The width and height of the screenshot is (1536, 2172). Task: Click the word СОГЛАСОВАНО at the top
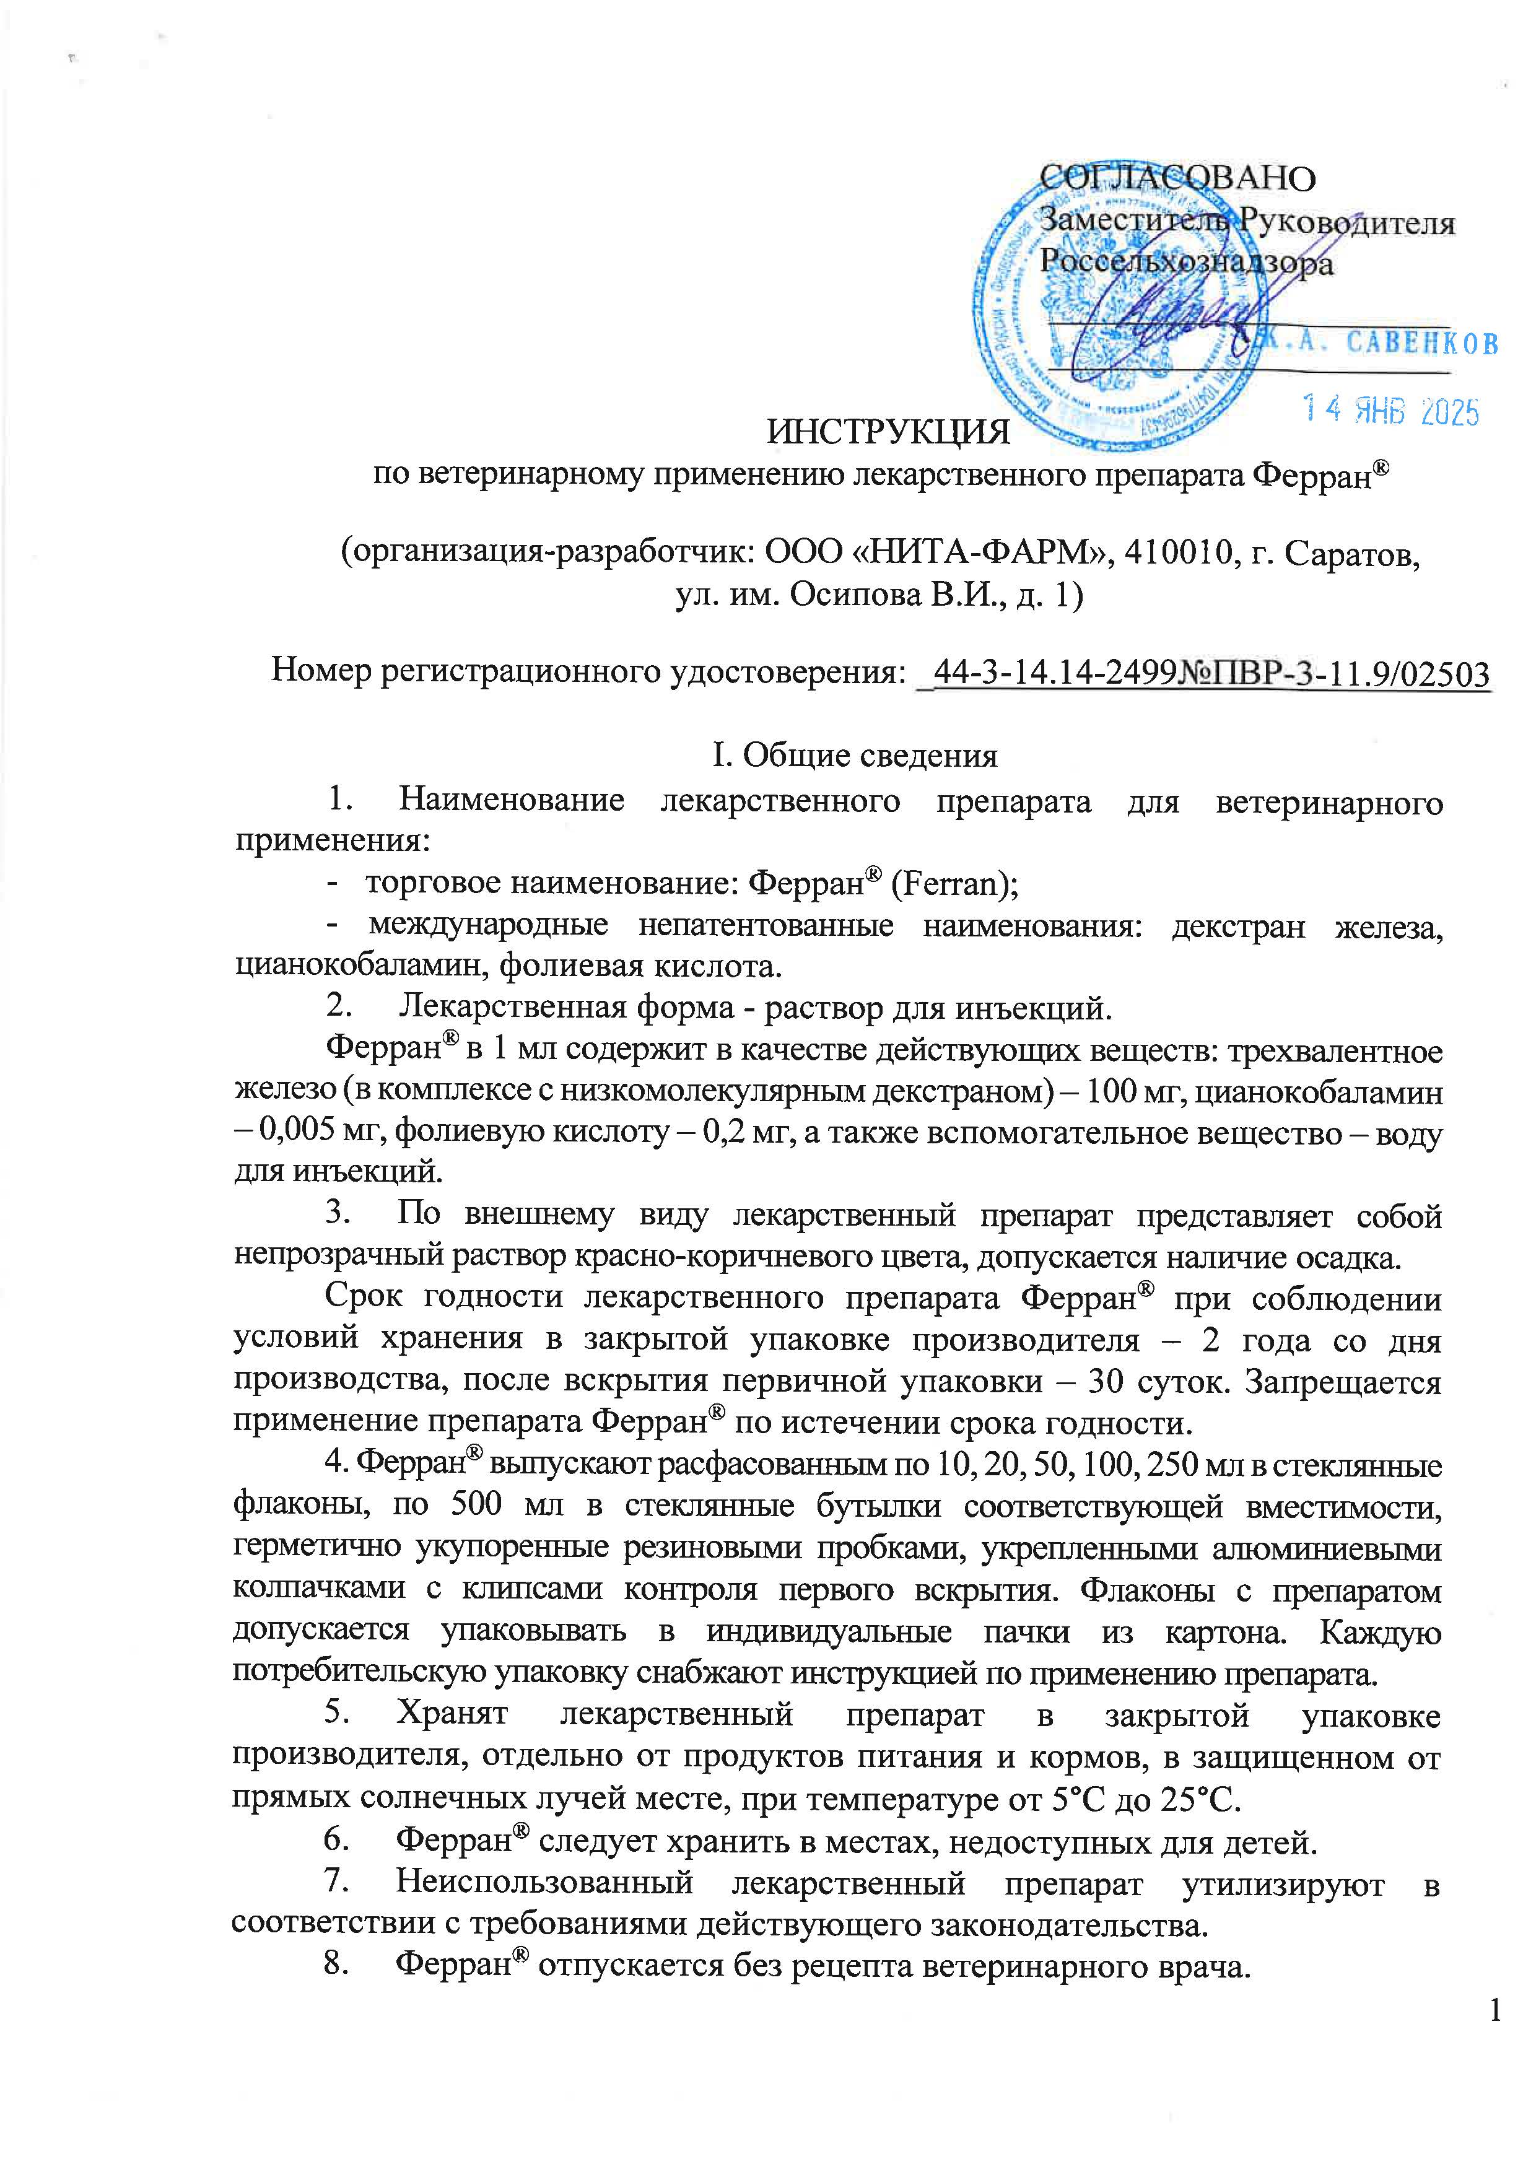point(1177,178)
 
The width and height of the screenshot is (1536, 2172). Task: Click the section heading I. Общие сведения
point(854,755)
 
